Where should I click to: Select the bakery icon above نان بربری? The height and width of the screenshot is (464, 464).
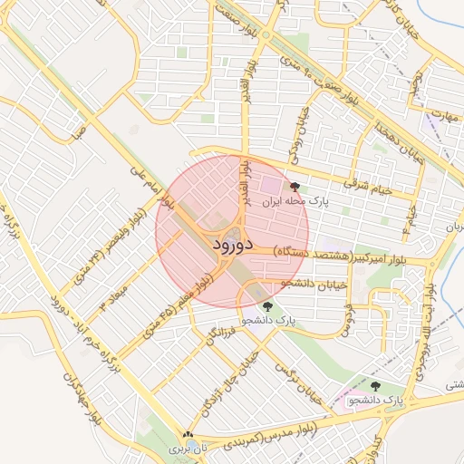188,436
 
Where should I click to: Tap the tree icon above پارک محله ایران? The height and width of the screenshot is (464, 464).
294,188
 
